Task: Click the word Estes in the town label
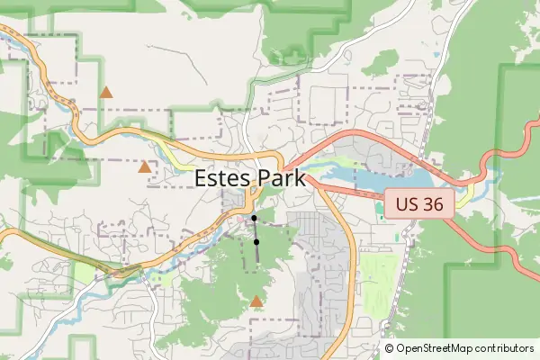(222, 178)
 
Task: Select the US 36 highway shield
(418, 203)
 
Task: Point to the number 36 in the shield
(432, 203)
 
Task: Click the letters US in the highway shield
(406, 203)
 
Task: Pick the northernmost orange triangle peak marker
(106, 92)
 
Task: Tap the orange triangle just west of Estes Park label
(145, 166)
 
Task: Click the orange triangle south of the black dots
(256, 301)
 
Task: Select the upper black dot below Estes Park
(255, 219)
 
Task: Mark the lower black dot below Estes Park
(256, 242)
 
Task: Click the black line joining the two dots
(256, 230)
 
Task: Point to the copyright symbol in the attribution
(390, 348)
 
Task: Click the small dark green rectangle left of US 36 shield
(379, 210)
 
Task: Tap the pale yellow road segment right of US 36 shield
(463, 197)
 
